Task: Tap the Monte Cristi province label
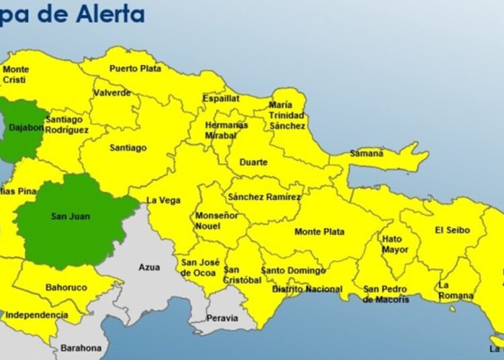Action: [x=15, y=75]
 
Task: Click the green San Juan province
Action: [x=71, y=217]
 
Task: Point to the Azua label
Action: [x=149, y=267]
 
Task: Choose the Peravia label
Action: [x=222, y=318]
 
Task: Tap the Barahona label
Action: [x=81, y=348]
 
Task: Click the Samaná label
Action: [x=366, y=154]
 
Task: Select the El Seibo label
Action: [x=452, y=230]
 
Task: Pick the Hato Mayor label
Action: [x=394, y=244]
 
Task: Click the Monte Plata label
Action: [x=319, y=232]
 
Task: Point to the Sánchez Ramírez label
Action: [x=263, y=197]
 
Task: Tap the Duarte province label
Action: [x=253, y=163]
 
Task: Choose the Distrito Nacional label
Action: [x=306, y=289]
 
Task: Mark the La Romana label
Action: [x=455, y=290]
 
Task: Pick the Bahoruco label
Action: [x=66, y=287]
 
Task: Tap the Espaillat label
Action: [x=220, y=98]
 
